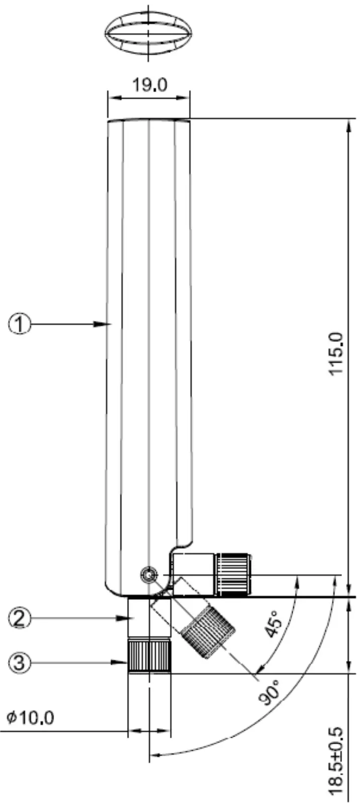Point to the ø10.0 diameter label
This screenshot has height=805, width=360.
[x=30, y=717]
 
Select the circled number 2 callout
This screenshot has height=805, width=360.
[x=20, y=618]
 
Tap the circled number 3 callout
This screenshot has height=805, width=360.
[x=20, y=663]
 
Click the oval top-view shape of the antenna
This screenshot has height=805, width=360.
[x=149, y=35]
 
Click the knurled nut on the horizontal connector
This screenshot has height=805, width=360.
[x=233, y=574]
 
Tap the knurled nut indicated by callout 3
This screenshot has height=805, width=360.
[x=149, y=656]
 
